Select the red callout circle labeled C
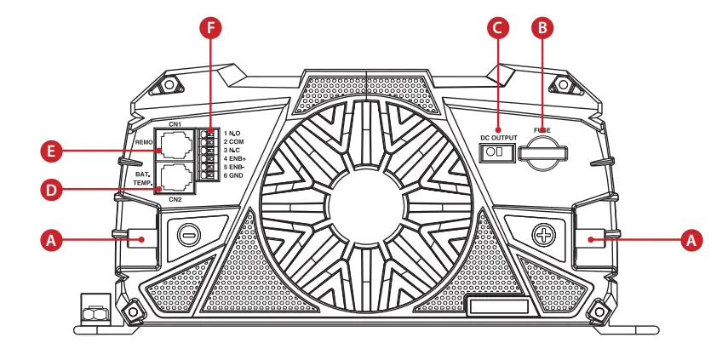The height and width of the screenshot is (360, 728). [x=499, y=28]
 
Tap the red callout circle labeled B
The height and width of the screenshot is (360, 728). [x=541, y=28]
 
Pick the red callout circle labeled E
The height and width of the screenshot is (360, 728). [x=53, y=152]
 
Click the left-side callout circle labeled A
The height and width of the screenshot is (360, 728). [x=53, y=241]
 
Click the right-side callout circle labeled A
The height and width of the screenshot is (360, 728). [x=694, y=241]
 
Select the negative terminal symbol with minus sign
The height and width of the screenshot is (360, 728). [x=189, y=232]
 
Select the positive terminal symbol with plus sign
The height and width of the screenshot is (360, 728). [x=542, y=232]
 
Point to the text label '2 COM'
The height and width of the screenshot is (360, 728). [x=234, y=141]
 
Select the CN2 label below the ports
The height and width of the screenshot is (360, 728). [x=175, y=200]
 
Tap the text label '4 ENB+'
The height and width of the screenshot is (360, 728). [x=235, y=158]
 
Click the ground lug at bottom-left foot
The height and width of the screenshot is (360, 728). [x=95, y=308]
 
